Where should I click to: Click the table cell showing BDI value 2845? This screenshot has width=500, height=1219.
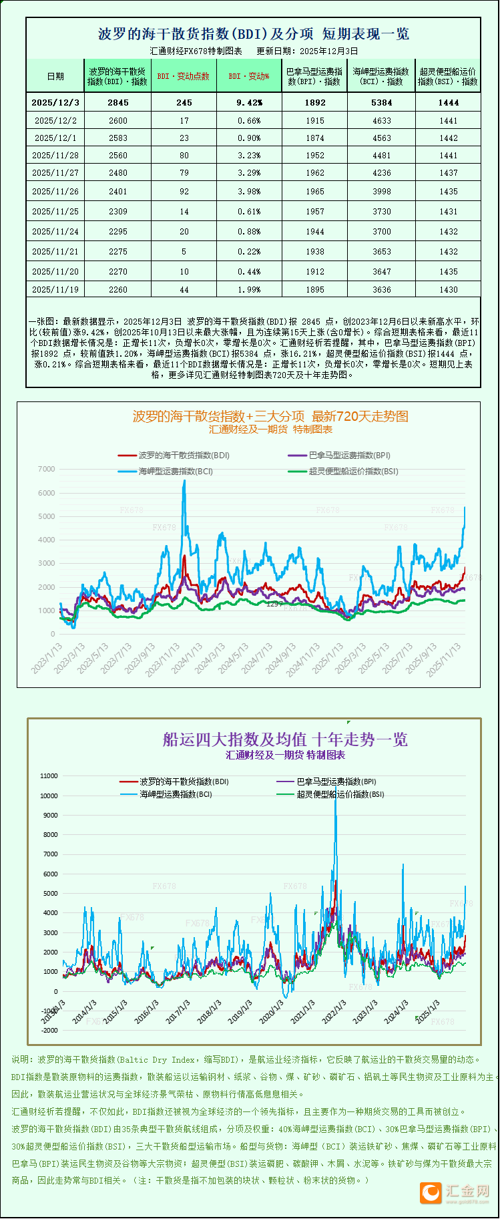pos(117,102)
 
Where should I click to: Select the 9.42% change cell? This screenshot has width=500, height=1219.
pos(249,102)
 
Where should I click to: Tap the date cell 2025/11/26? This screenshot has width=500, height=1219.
pos(55,191)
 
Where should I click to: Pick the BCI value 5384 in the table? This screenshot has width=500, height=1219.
pos(381,102)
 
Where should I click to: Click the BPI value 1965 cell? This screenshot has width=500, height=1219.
pos(314,191)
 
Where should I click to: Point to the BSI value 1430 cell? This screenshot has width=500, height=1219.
pos(448,289)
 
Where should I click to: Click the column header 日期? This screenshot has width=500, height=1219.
pos(55,76)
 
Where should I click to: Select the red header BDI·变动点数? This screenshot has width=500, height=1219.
pos(184,76)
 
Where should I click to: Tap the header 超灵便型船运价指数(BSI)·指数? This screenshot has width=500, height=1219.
pos(448,76)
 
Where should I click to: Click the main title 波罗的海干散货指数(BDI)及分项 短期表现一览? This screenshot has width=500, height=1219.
pos(254,34)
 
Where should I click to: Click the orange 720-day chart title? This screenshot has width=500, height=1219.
pos(270,416)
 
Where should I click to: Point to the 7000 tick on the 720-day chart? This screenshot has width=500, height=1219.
pos(47,469)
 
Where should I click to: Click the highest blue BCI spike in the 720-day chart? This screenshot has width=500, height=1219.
pos(184,482)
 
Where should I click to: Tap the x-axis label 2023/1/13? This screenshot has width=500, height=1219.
pos(47,657)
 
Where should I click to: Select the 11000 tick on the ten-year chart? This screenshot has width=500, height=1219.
pos(49,776)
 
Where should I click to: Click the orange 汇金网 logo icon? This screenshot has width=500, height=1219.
pos(431,1192)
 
